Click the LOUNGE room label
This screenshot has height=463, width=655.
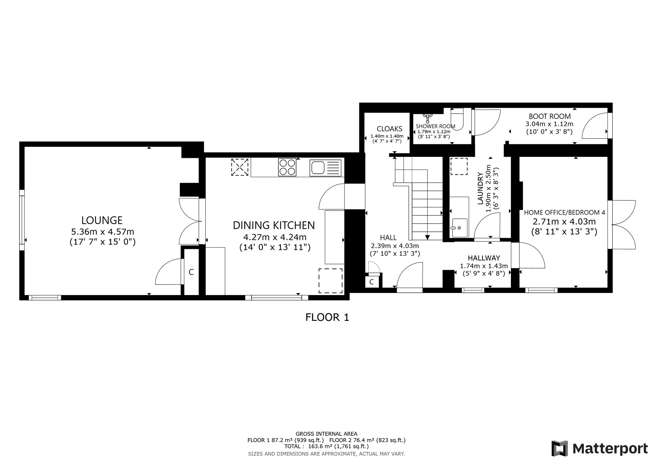tap(102, 220)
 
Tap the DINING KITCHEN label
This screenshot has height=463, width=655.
tap(274, 225)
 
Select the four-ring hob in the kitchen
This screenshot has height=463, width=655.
tap(287, 167)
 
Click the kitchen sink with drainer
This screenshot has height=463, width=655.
tap(325, 168)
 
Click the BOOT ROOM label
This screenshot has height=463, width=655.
tap(550, 116)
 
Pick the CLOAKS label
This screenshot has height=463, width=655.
tap(389, 129)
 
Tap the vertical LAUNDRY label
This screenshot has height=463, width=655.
tap(480, 188)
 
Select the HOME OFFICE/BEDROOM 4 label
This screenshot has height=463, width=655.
tap(565, 213)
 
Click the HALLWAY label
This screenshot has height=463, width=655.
tap(484, 258)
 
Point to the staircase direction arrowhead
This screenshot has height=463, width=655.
tap(427, 237)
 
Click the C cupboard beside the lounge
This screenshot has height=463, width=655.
tap(191, 272)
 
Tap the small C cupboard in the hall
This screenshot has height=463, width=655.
tap(371, 282)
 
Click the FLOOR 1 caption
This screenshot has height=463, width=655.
tap(327, 317)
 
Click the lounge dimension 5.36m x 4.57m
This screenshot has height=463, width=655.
tap(103, 232)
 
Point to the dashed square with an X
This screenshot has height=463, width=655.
tap(240, 167)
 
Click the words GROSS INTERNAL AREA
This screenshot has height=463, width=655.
tap(327, 434)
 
